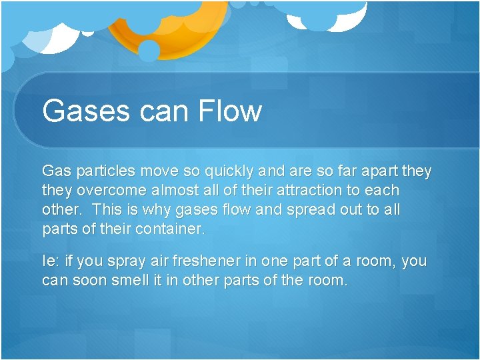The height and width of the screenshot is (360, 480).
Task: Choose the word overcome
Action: click(x=103, y=191)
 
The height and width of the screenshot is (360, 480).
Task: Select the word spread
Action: click(x=313, y=210)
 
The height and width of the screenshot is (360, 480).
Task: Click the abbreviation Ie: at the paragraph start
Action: click(x=51, y=261)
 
